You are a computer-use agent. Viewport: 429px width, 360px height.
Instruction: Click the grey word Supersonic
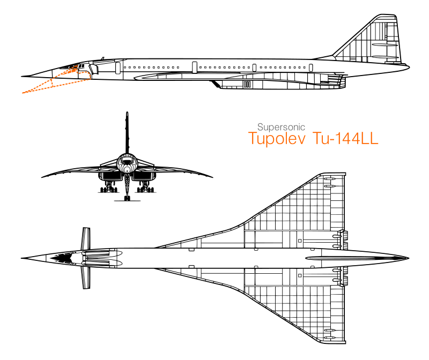point(281,127)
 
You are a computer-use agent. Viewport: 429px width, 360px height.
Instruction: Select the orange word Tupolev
point(277,139)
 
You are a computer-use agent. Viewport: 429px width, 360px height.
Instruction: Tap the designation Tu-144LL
point(345,139)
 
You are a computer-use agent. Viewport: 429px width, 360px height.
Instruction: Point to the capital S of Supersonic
point(260,127)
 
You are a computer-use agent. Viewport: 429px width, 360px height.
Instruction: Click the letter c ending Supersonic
point(303,128)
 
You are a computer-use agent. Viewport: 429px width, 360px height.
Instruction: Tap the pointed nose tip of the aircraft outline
point(23,93)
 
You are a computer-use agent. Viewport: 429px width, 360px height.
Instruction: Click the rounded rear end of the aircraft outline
point(90,75)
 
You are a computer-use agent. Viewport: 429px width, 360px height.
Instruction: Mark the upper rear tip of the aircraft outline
point(77,65)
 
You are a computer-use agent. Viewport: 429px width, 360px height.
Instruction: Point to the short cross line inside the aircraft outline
point(51,82)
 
